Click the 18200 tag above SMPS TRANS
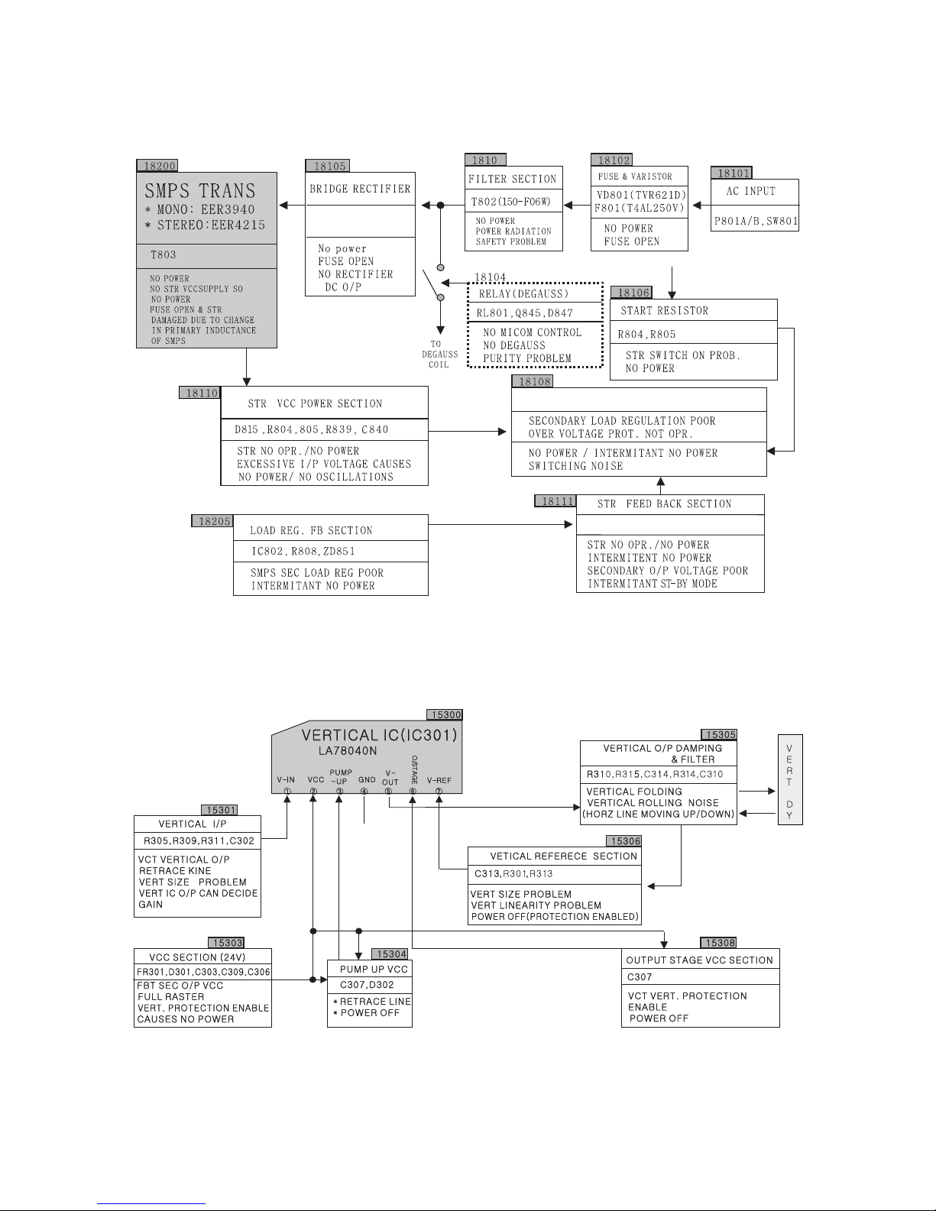(x=157, y=166)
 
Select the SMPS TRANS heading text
(x=200, y=191)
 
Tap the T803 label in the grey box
(x=164, y=254)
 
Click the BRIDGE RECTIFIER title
(x=360, y=189)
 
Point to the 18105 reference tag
(x=328, y=166)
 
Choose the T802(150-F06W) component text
(x=511, y=201)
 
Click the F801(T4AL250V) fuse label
(x=639, y=208)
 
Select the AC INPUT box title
(x=750, y=191)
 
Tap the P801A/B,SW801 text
(x=756, y=221)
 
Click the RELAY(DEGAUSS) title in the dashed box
(x=523, y=293)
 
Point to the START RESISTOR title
(x=665, y=310)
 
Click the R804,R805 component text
(x=646, y=335)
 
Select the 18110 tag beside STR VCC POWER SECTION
(x=199, y=393)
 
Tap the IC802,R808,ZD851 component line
(x=303, y=551)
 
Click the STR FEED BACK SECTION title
(x=664, y=504)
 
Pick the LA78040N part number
(x=348, y=751)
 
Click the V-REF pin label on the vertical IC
(x=439, y=780)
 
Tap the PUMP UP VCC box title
(x=374, y=969)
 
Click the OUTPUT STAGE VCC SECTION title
(x=699, y=960)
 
